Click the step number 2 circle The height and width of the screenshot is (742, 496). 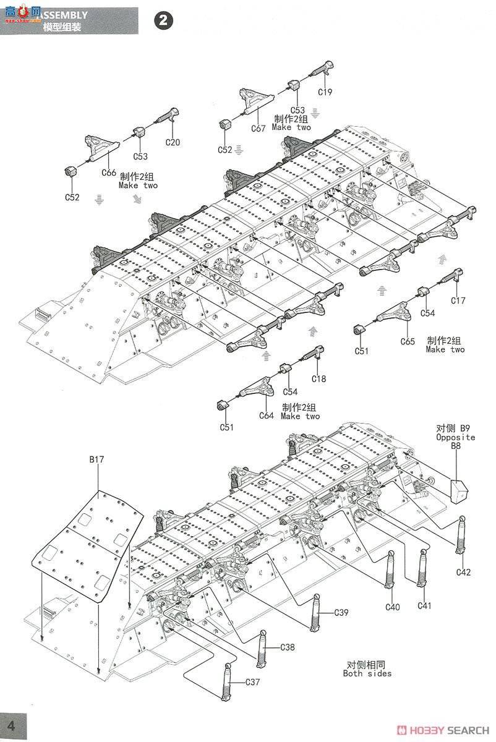pos(163,20)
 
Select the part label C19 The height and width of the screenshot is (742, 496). pos(325,92)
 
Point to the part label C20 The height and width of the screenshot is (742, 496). pos(173,142)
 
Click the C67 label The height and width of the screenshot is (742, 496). pos(258,129)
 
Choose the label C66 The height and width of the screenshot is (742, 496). pos(109,173)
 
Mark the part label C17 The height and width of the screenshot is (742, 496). pos(458,301)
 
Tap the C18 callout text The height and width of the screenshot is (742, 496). pos(319,378)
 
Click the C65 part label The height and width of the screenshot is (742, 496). pos(407,341)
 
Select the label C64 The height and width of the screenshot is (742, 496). pos(266,416)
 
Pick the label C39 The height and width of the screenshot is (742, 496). pos(341,613)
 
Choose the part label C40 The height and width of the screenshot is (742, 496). pos(393,607)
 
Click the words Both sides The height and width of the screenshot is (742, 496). pos(367,673)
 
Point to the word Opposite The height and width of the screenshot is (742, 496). pos(455,437)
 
